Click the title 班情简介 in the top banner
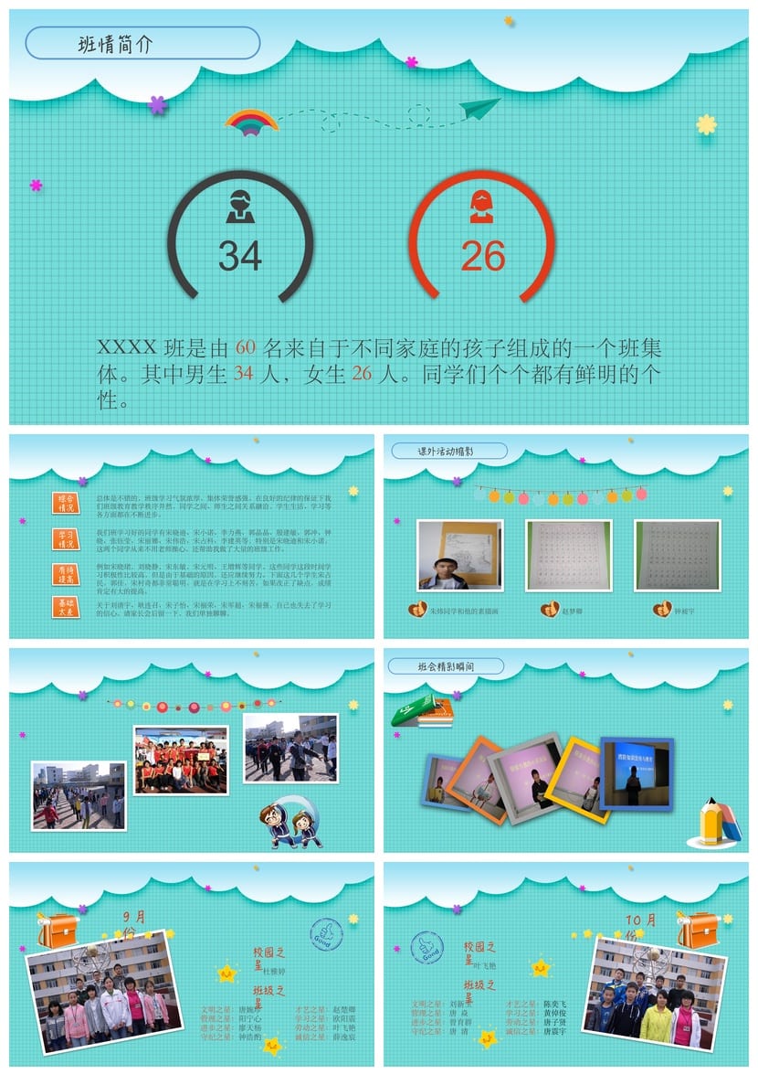115,44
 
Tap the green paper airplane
480,108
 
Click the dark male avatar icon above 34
240,207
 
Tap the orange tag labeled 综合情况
66,503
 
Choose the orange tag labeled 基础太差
66,607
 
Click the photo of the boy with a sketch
459,555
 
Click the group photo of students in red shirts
181,760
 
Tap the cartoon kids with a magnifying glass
290,821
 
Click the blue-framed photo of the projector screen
636,772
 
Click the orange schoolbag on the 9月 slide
58,931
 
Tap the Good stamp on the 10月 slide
426,947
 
